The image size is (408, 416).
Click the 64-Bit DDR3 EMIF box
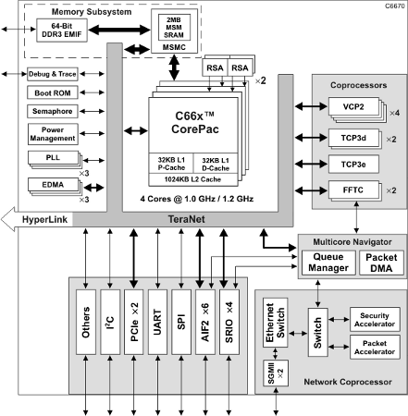62,31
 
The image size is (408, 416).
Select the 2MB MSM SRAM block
174,27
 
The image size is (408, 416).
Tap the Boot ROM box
53,92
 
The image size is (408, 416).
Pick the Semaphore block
53,111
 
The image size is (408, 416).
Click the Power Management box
53,134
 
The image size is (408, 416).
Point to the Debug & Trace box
53,74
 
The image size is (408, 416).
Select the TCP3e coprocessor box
353,165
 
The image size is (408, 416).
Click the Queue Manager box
328,263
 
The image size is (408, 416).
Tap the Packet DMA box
381,263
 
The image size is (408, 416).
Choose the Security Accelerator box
375,320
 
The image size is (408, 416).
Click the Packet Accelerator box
375,347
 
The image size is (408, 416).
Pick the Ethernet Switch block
275,323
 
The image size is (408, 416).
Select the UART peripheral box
157,322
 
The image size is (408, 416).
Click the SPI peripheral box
181,322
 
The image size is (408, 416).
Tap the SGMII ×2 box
276,373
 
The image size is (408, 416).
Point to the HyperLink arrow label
44,219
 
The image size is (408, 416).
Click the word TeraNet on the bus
186,219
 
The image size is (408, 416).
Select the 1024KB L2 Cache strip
193,179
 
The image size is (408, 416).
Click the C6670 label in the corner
395,6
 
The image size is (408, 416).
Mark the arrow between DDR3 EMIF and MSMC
119,30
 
